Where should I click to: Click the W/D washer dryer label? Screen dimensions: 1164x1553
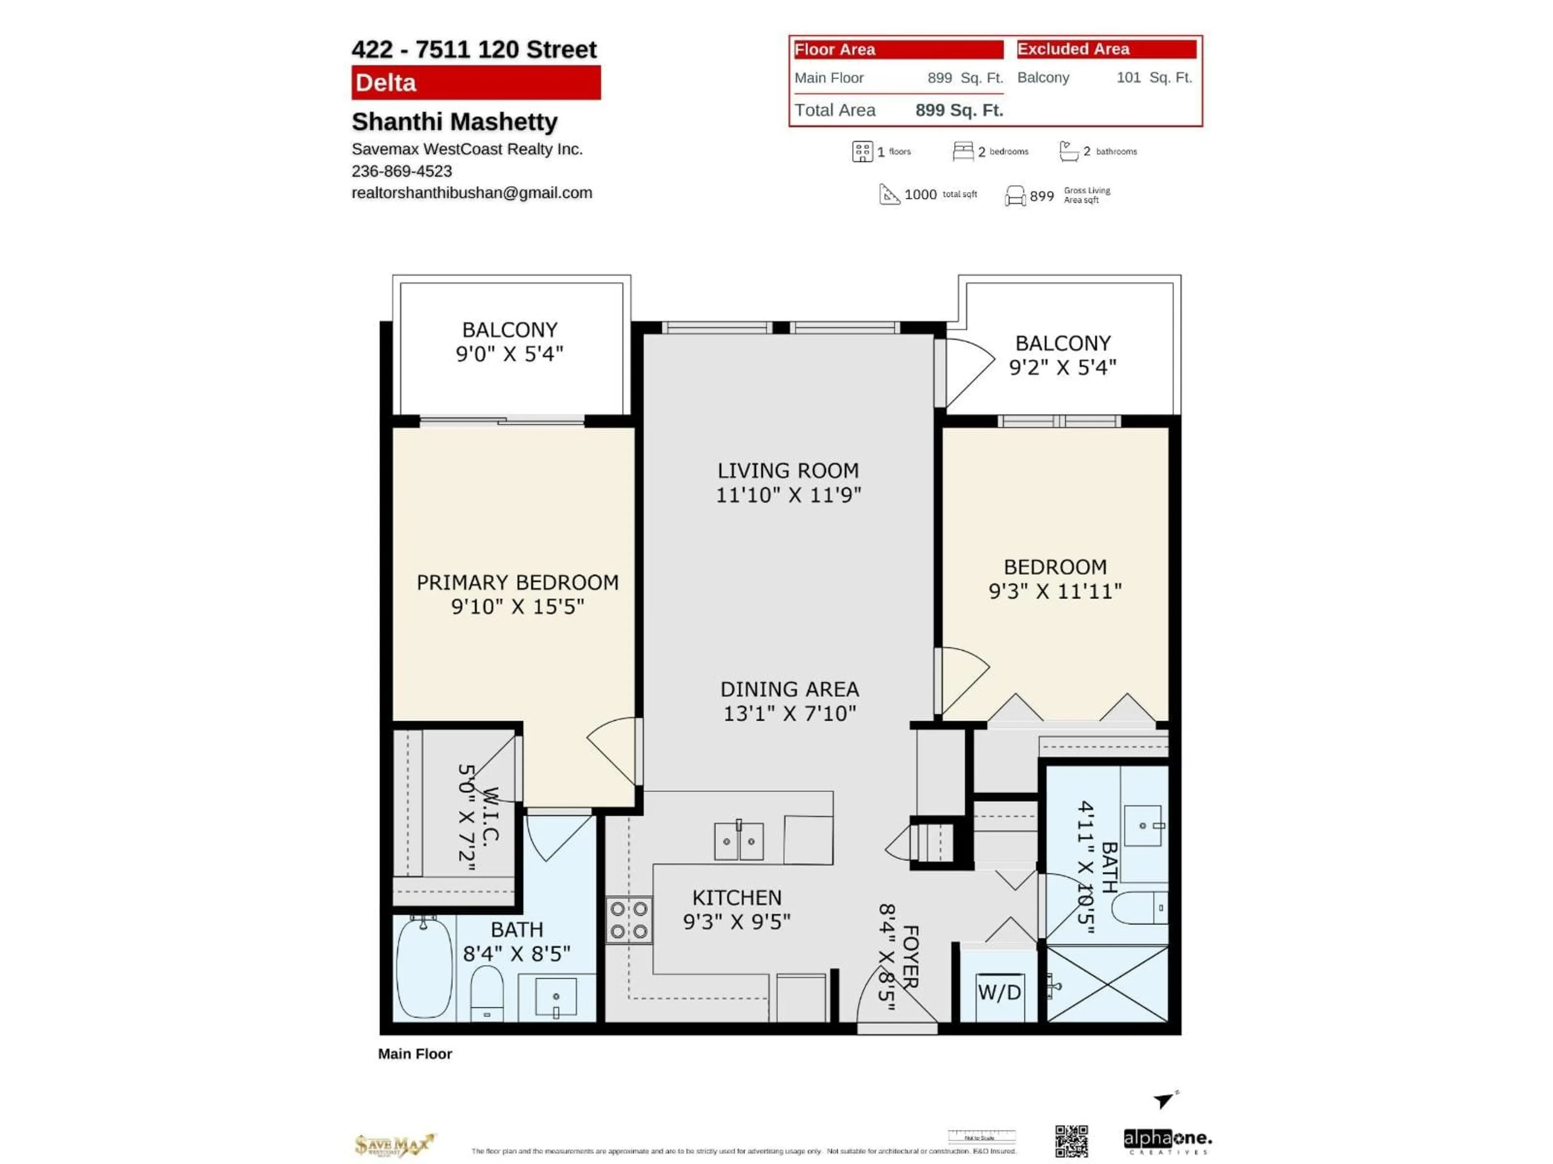pyautogui.click(x=999, y=992)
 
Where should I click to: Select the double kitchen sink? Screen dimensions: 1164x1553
pyautogui.click(x=738, y=841)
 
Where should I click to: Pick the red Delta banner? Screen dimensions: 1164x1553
pyautogui.click(x=476, y=83)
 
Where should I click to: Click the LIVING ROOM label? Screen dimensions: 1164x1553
pyautogui.click(x=788, y=471)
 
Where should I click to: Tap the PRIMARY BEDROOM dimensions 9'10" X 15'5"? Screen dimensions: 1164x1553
pyautogui.click(x=517, y=606)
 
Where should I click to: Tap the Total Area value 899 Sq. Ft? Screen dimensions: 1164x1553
pyautogui.click(x=959, y=110)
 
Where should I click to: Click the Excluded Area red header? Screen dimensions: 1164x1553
pyautogui.click(x=1107, y=49)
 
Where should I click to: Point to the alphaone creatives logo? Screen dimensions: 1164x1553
pyautogui.click(x=1168, y=1141)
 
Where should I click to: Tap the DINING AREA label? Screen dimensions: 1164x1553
pyautogui.click(x=789, y=689)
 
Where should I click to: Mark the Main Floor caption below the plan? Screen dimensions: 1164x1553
pyautogui.click(x=415, y=1054)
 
